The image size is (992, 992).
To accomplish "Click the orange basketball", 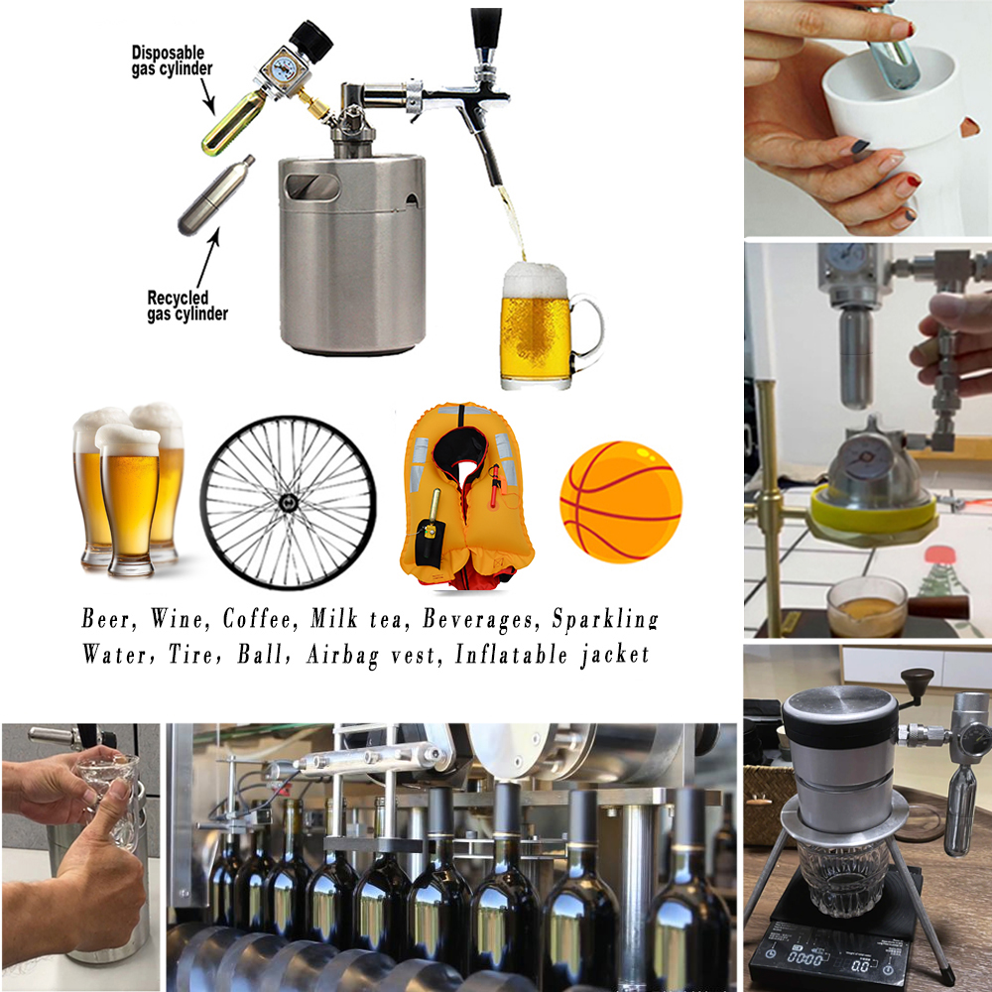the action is pyautogui.click(x=621, y=502).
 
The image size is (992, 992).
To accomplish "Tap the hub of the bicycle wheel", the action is pyautogui.click(x=288, y=503).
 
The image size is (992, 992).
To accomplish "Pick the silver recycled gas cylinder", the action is pyautogui.click(x=215, y=195).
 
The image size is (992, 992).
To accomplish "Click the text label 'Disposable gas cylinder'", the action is pyautogui.click(x=172, y=61).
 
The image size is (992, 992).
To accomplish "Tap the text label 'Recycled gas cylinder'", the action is pyautogui.click(x=187, y=307).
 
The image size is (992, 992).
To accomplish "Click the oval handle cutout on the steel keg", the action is pyautogui.click(x=312, y=187).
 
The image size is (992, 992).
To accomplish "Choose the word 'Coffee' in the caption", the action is pyautogui.click(x=259, y=619).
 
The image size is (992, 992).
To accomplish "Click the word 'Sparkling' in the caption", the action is pyautogui.click(x=605, y=620).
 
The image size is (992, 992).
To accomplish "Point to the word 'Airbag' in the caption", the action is pyautogui.click(x=342, y=656).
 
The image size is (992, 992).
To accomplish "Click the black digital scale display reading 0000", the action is pyautogui.click(x=805, y=959).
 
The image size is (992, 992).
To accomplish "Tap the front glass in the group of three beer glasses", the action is pyautogui.click(x=128, y=500).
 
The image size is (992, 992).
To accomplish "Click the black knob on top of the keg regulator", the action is pyautogui.click(x=311, y=40).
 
